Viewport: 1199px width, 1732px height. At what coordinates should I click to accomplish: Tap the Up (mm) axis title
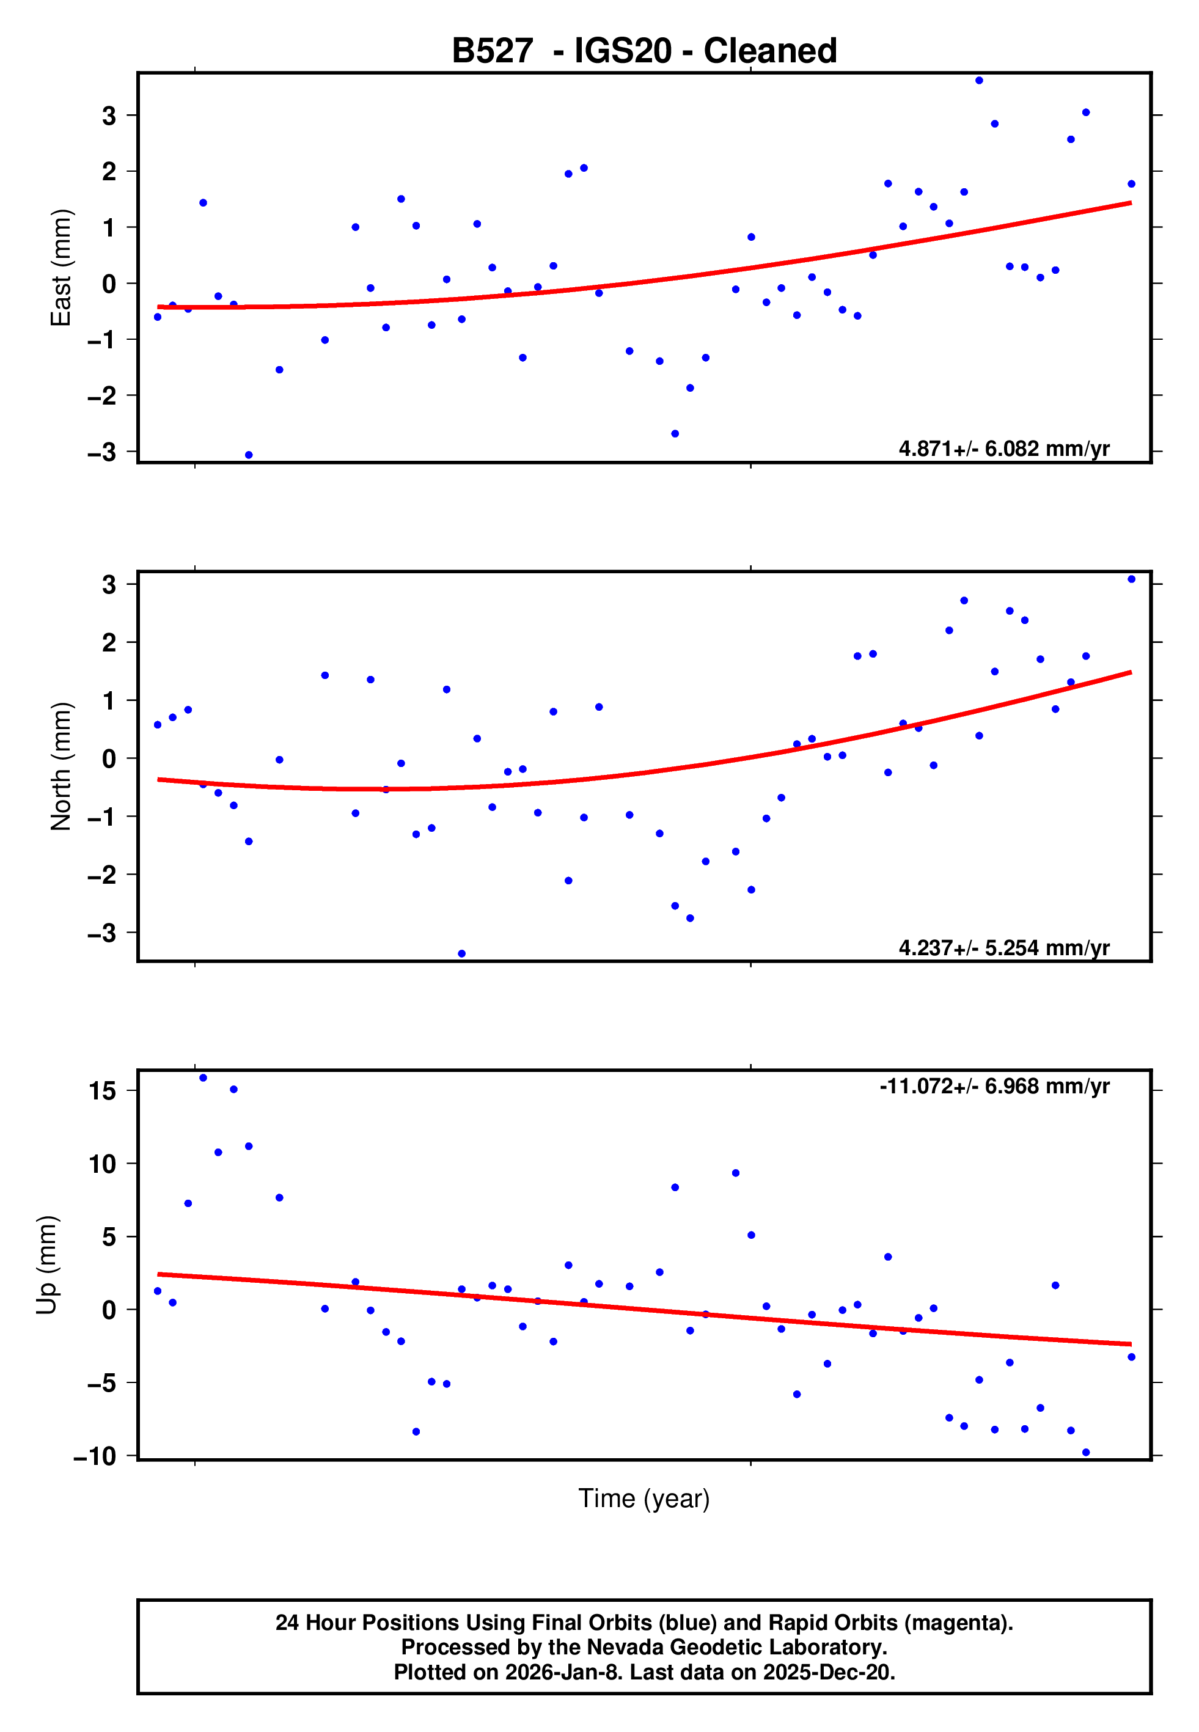(x=46, y=1265)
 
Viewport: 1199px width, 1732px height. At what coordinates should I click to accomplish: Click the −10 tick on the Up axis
(x=95, y=1456)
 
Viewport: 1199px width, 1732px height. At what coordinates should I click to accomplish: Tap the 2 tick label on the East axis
(x=109, y=171)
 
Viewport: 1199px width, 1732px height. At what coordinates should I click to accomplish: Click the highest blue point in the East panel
(x=979, y=80)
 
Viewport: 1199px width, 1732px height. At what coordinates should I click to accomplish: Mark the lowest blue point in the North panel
(x=461, y=954)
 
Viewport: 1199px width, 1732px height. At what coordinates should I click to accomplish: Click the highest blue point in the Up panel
(x=203, y=1078)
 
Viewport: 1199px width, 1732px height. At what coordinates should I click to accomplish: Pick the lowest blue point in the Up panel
(x=1085, y=1453)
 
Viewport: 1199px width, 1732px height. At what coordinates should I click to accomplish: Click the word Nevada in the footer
(x=620, y=1647)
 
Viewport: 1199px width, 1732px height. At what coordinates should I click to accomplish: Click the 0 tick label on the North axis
(x=109, y=758)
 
